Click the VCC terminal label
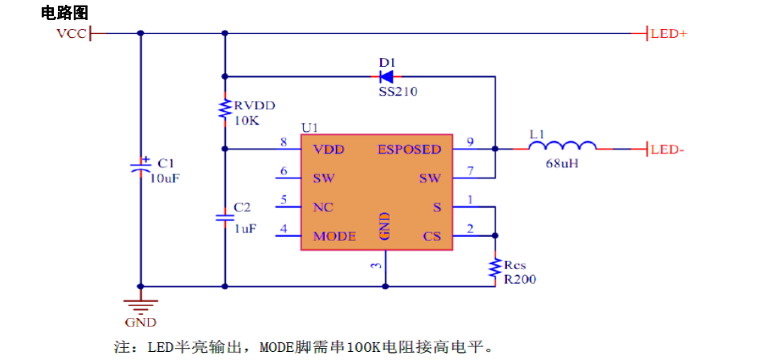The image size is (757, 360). (x=71, y=34)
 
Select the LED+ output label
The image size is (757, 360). (x=668, y=34)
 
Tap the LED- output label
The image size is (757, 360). (x=667, y=149)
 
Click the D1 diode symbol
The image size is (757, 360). (x=387, y=77)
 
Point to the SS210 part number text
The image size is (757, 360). (x=398, y=92)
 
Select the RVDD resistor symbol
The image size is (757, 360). (x=225, y=110)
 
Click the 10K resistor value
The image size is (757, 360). (x=247, y=121)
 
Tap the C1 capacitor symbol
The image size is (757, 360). (x=141, y=167)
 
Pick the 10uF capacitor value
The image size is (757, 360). (x=165, y=178)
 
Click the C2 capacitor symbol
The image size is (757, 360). (x=225, y=217)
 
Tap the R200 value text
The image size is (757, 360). (x=520, y=280)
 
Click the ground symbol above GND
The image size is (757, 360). (x=141, y=305)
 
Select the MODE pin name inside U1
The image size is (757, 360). (x=334, y=236)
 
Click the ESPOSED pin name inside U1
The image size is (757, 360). (x=409, y=149)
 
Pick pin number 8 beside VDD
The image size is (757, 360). (x=283, y=143)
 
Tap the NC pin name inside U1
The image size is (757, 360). (x=323, y=207)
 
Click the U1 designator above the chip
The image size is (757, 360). (x=309, y=128)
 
